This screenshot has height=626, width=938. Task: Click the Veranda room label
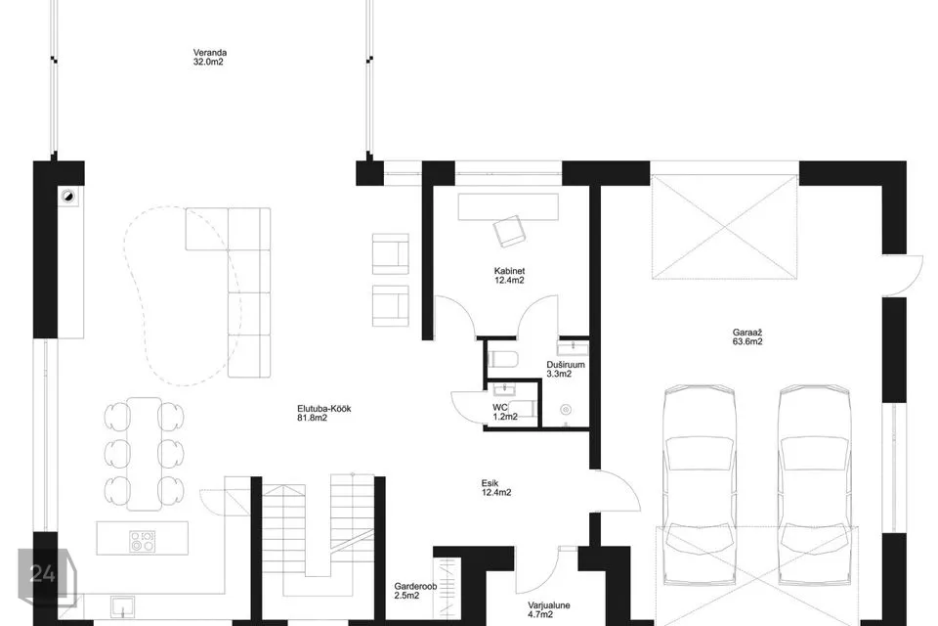click(209, 57)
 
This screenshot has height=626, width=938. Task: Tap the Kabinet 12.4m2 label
click(509, 275)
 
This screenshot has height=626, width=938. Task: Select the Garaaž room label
click(747, 337)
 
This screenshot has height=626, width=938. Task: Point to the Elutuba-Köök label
click(323, 414)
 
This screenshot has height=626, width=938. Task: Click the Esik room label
click(496, 488)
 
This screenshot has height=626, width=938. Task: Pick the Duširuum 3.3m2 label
click(566, 369)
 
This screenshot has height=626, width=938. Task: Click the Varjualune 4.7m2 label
click(548, 609)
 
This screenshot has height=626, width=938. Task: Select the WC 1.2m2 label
click(505, 412)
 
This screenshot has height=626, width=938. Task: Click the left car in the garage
click(700, 485)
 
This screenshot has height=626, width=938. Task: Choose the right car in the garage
click(815, 485)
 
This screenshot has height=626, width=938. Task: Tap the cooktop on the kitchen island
click(143, 541)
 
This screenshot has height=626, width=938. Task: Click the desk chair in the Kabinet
click(508, 231)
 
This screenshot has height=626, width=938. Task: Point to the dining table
click(145, 454)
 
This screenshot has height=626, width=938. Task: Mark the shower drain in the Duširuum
click(566, 410)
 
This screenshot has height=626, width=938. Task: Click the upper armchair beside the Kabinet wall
click(391, 253)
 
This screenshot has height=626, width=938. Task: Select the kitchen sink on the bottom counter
click(122, 606)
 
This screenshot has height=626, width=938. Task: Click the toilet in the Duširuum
click(502, 359)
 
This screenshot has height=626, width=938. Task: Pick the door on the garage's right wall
click(903, 276)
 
